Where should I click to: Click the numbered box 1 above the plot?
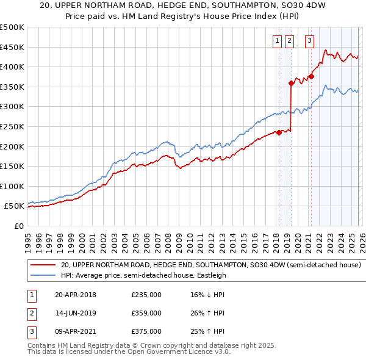[x=277, y=41]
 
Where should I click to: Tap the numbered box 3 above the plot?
[x=309, y=41]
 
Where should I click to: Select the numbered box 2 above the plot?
[x=289, y=41]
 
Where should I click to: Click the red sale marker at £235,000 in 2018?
[x=279, y=132]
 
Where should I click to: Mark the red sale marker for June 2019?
[x=291, y=84]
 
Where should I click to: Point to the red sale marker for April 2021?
[x=311, y=77]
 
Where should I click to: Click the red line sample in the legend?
[x=43, y=265]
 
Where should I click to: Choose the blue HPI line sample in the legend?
[x=43, y=275]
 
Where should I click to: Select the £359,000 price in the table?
[x=146, y=313]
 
